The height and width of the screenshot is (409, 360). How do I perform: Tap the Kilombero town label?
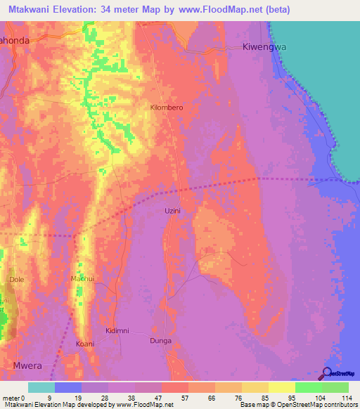167,108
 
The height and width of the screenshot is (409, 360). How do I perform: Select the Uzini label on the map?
172,211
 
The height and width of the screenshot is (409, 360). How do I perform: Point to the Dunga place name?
161,341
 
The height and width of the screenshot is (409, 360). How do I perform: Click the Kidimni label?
117,330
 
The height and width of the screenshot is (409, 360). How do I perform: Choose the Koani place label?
84,344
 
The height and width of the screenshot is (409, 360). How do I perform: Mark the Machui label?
82,279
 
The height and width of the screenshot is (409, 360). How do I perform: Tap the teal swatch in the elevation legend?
41,387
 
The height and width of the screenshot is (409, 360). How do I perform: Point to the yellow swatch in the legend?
282,387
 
